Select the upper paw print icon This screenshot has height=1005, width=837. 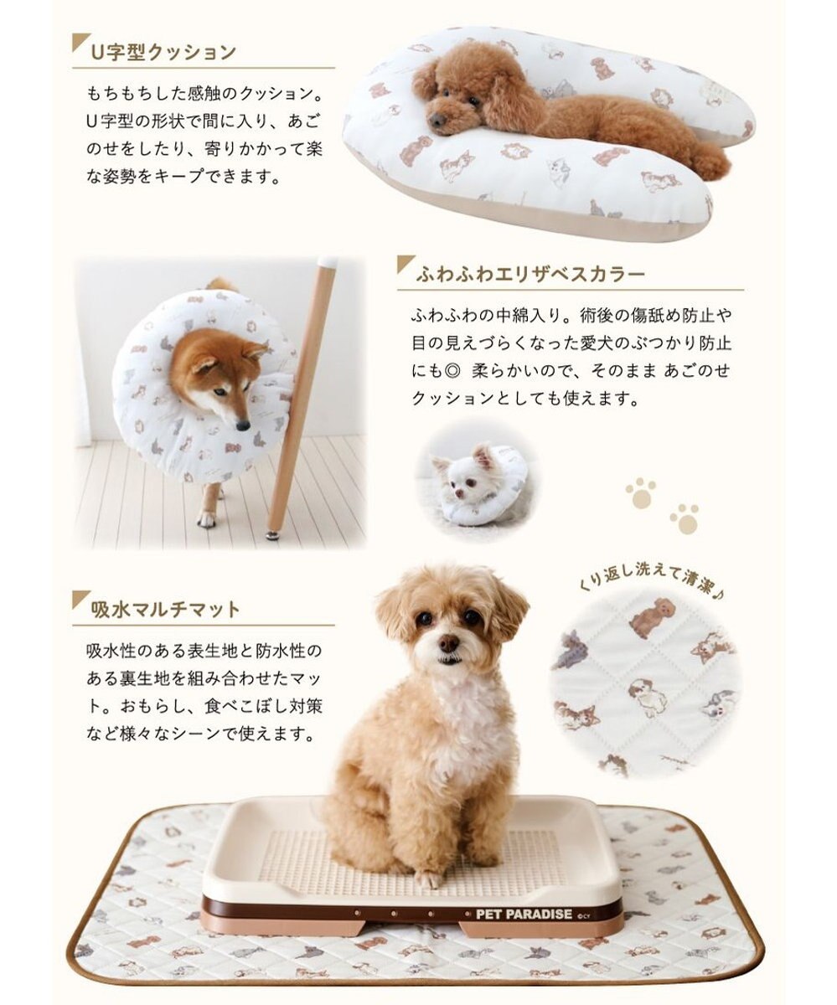coord(641,492)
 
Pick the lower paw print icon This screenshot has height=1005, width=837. coord(684,518)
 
